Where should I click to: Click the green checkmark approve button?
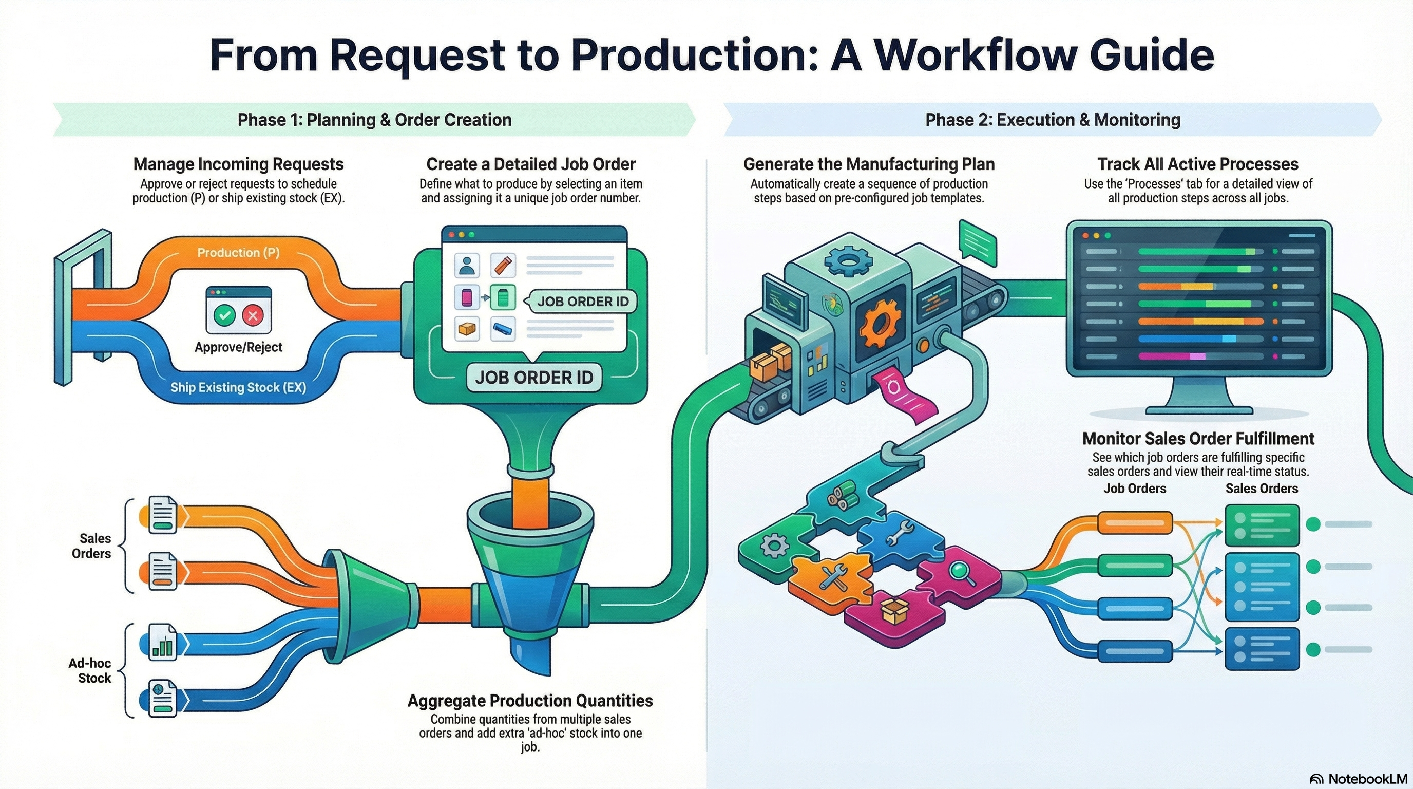point(224,315)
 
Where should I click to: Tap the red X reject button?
point(253,315)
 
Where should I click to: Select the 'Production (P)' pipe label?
point(238,252)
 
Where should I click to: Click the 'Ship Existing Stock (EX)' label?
point(238,387)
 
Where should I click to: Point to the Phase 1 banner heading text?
point(374,120)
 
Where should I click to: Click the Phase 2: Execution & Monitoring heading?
point(1052,120)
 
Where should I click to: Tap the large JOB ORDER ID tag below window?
point(533,378)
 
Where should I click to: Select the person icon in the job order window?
point(467,266)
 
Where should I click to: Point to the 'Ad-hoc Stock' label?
point(89,670)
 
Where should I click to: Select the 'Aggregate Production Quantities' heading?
point(530,701)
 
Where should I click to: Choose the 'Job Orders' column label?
point(1134,489)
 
